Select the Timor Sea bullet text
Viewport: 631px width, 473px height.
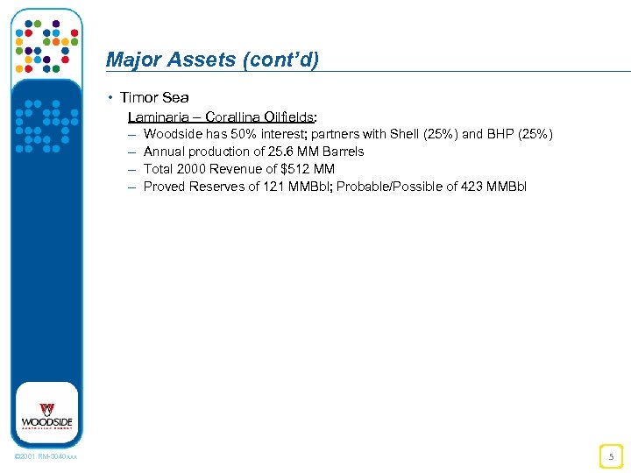pyautogui.click(x=154, y=97)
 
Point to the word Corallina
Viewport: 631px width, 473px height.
pyautogui.click(x=235, y=116)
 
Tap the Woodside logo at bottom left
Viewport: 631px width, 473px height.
pyautogui.click(x=46, y=415)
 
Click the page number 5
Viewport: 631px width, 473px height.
pyautogui.click(x=611, y=455)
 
